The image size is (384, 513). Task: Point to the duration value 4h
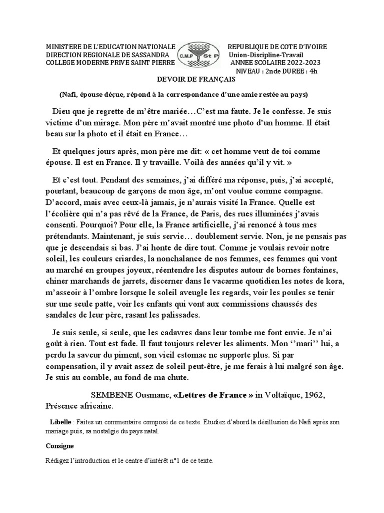pyautogui.click(x=312, y=71)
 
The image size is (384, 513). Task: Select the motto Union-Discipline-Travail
pyautogui.click(x=266, y=55)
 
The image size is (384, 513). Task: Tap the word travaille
pyautogui.click(x=166, y=163)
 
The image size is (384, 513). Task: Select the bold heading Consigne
pyautogui.click(x=59, y=445)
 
